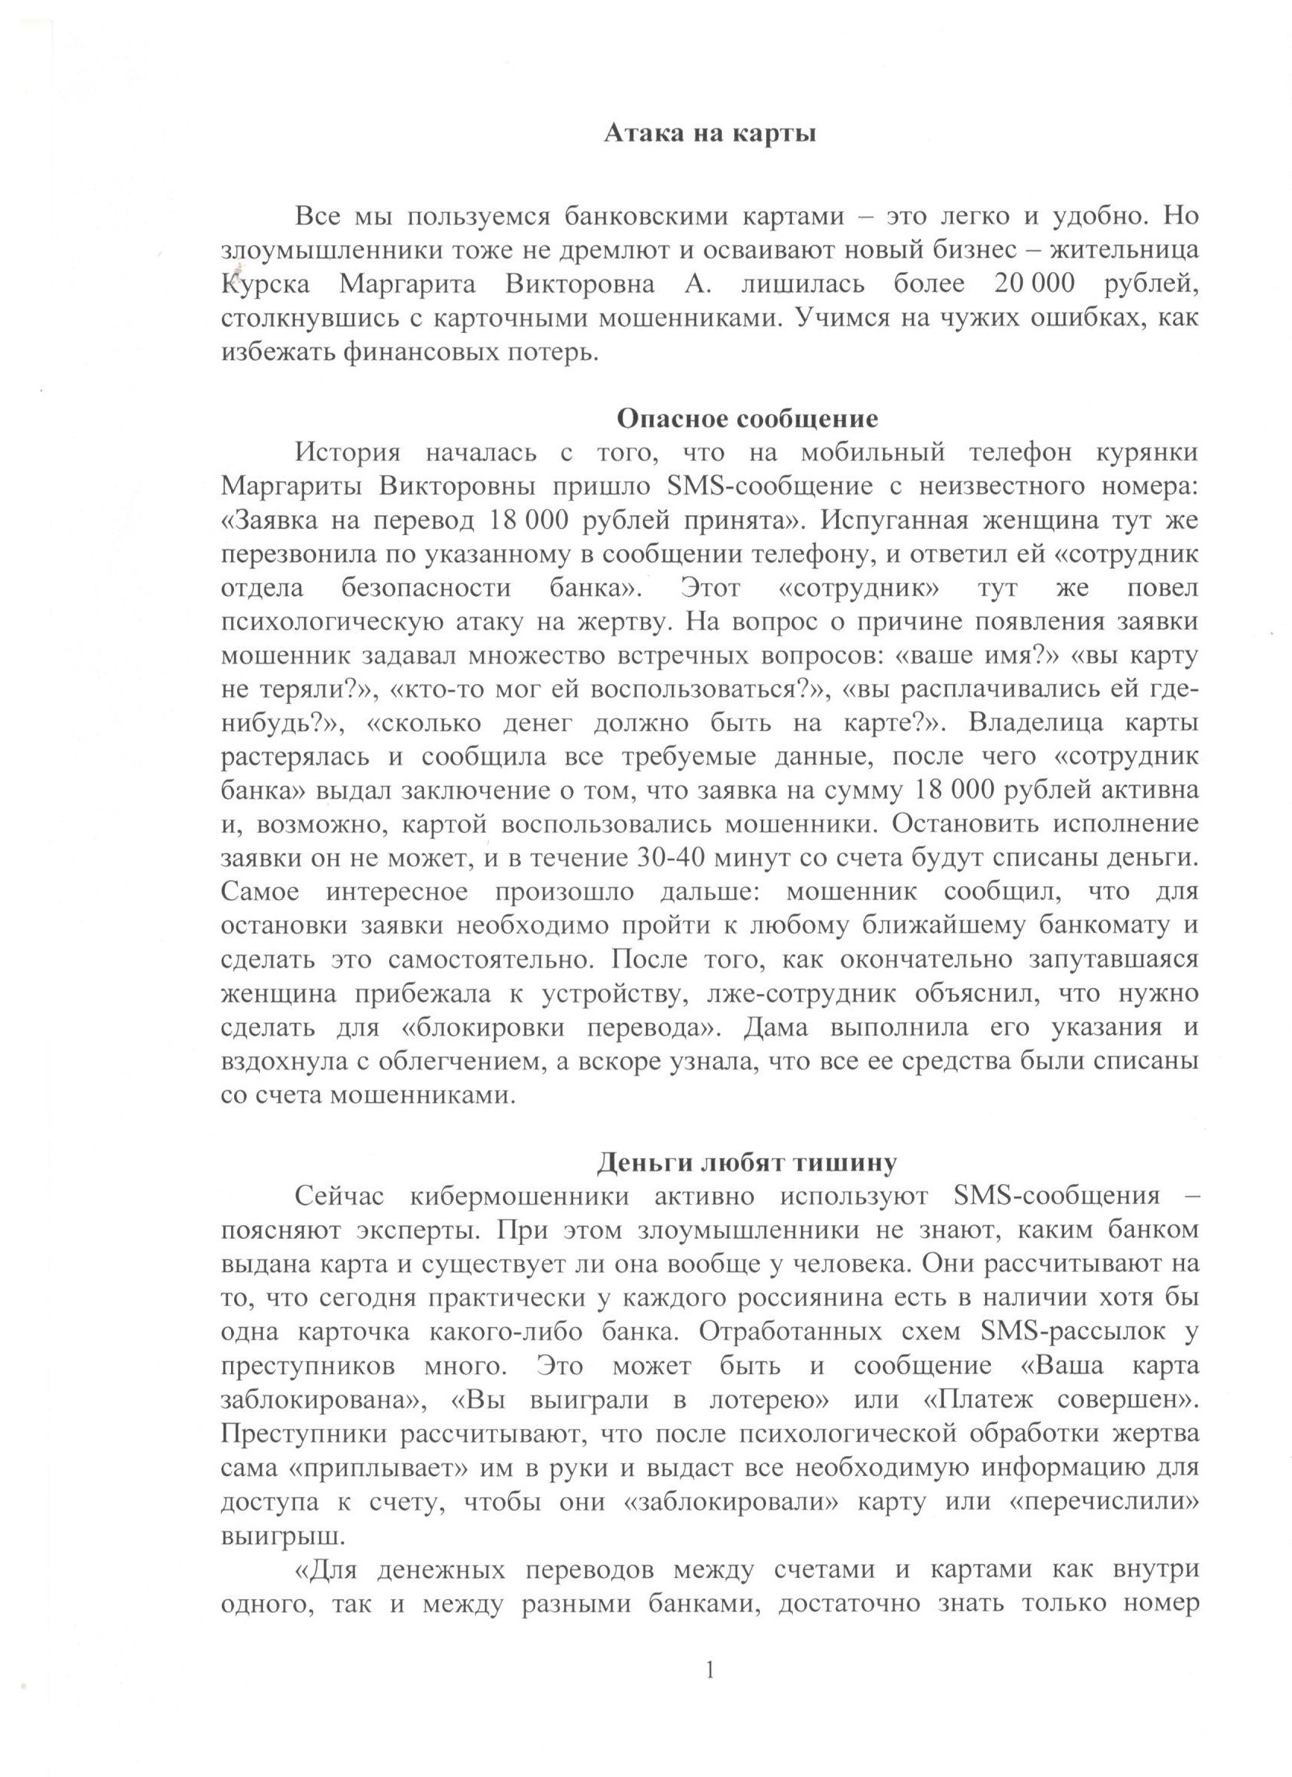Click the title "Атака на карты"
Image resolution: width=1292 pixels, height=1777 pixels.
pos(710,135)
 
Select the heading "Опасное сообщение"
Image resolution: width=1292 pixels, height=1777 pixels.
pos(748,418)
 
